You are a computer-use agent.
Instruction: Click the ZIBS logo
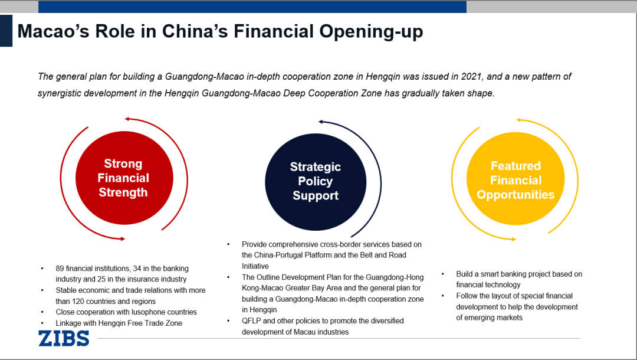(64, 338)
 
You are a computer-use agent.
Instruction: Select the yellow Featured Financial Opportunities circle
(515, 181)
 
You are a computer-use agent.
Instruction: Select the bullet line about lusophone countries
(126, 312)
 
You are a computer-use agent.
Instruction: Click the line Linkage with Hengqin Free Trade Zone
(119, 323)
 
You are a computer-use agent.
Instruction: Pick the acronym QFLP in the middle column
(252, 321)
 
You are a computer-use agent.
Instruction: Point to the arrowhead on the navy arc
(321, 122)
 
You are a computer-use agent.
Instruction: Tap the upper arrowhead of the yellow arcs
(519, 120)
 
